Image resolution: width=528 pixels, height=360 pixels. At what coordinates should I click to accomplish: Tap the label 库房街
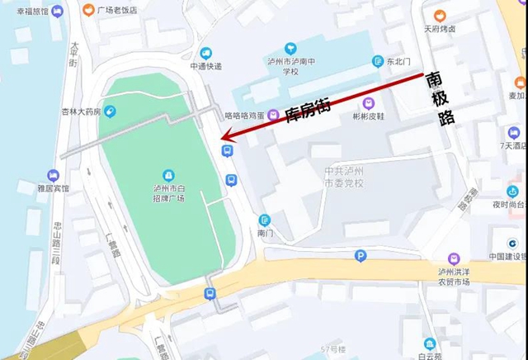click(x=307, y=110)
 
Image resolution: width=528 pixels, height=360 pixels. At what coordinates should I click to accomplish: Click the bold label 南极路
click(x=440, y=97)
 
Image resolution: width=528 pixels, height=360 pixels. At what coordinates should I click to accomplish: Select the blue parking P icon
click(x=360, y=257)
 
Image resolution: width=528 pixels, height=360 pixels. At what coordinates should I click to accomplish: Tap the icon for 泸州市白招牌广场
click(x=168, y=175)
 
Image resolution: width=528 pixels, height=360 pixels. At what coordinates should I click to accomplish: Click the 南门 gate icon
click(x=265, y=220)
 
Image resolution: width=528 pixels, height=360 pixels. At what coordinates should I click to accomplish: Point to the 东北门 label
click(x=398, y=61)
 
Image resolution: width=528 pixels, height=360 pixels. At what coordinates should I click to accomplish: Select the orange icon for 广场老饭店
click(x=88, y=11)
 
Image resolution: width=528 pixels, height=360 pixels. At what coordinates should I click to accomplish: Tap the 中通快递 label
click(x=205, y=66)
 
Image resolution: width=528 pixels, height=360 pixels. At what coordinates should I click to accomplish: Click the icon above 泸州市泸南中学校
click(x=290, y=49)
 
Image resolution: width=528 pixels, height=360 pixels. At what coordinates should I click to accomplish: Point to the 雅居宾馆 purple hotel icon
click(x=54, y=175)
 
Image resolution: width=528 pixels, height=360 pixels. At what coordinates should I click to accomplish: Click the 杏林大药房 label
click(x=80, y=111)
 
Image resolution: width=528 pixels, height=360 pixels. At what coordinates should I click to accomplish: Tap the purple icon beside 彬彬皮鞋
click(x=369, y=103)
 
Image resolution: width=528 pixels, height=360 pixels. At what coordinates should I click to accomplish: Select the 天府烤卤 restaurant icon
click(x=440, y=15)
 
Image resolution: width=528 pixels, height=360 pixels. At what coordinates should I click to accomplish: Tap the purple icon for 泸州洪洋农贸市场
click(x=453, y=258)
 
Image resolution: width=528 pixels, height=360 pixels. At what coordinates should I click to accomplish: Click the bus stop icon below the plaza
click(x=210, y=292)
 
